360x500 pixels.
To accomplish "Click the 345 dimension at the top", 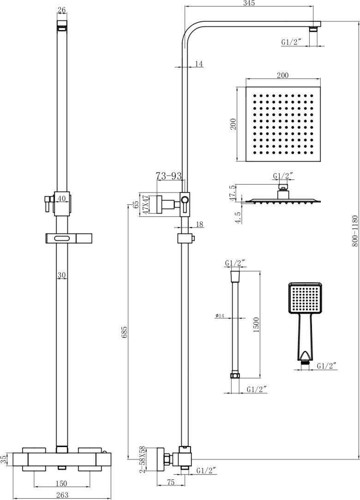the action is pos(249,3).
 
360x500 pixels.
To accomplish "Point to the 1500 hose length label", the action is pos(256,325).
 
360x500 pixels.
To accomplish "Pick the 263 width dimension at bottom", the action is pos(62,495).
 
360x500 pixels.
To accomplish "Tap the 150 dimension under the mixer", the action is pos(61,483).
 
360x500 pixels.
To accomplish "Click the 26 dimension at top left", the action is pos(61,10).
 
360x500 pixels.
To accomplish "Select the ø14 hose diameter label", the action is pos(220,315).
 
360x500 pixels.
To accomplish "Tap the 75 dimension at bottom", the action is pos(171,482).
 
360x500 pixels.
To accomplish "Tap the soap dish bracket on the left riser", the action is pos(69,238).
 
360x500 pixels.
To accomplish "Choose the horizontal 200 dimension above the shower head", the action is pos(282,75).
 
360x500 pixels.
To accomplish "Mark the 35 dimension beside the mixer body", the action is pos(4,460).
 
